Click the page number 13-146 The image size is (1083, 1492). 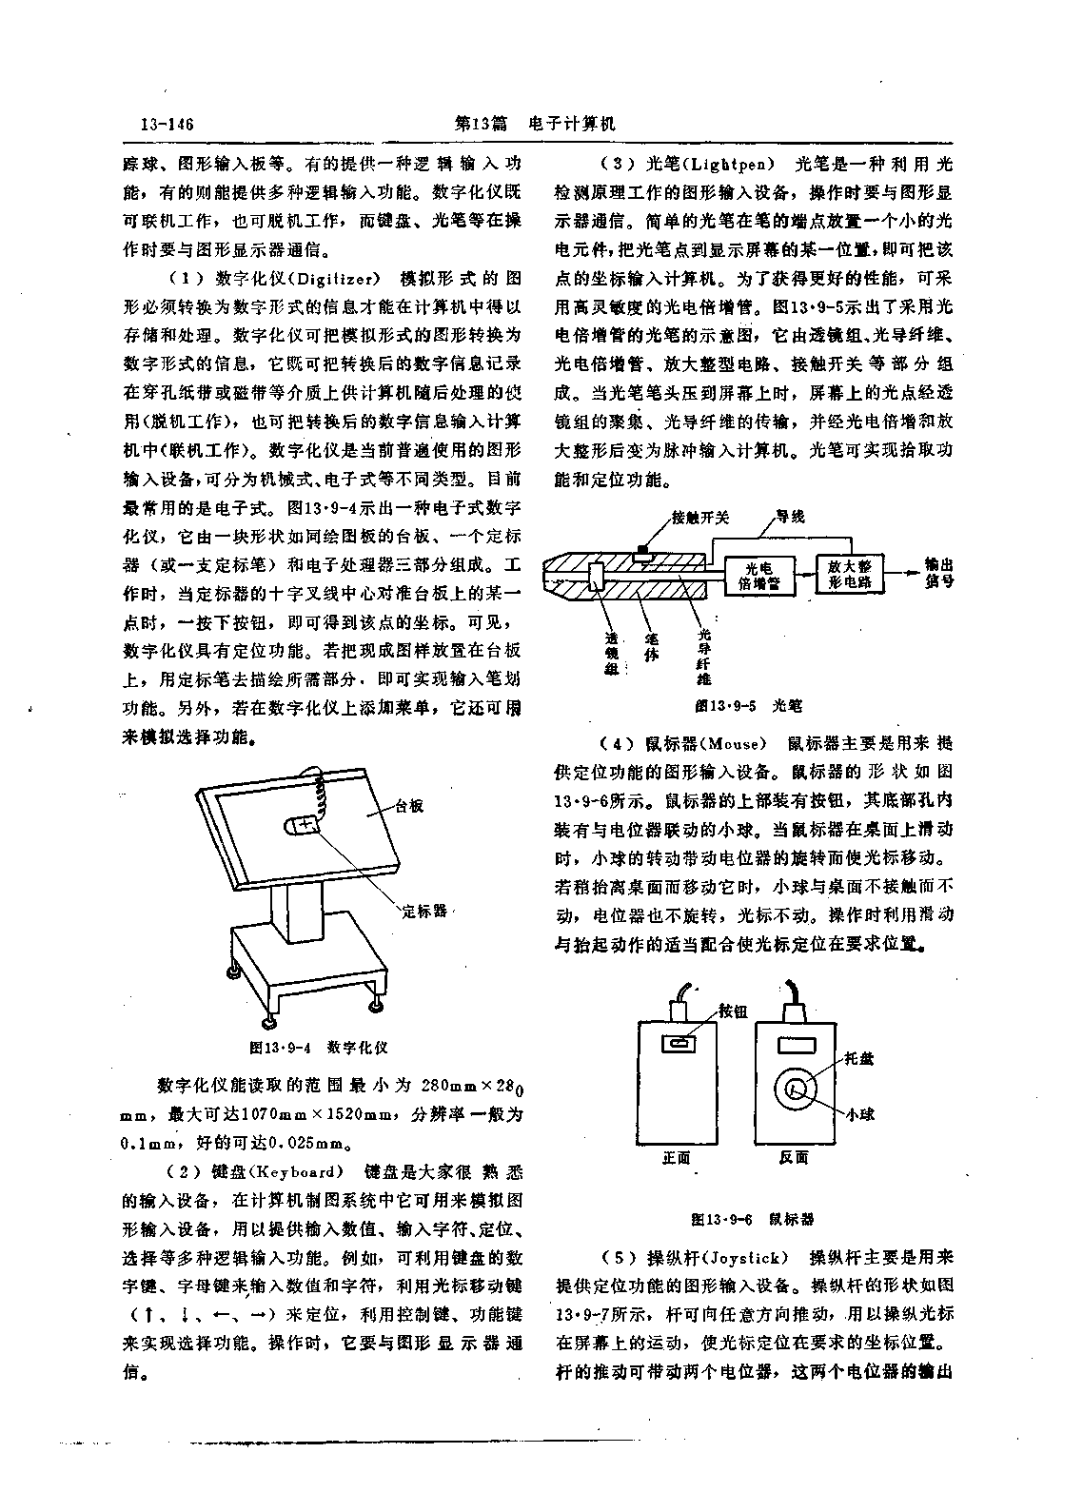pos(167,124)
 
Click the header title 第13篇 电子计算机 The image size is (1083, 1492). pos(535,124)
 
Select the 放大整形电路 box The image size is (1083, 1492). pos(849,574)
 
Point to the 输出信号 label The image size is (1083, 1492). pos(939,573)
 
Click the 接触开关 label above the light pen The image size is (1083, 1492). pos(700,518)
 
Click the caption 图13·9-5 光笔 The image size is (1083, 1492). pos(749,705)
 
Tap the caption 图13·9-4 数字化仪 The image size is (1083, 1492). pos(319,1047)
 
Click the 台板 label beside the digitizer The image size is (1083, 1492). pos(409,806)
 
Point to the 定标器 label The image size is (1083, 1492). pos(424,911)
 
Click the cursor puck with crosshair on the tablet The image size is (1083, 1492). pos(302,826)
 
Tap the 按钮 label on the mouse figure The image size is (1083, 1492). pos(734,1011)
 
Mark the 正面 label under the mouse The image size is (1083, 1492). pos(676,1158)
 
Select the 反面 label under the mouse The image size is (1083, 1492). pos(794,1158)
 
